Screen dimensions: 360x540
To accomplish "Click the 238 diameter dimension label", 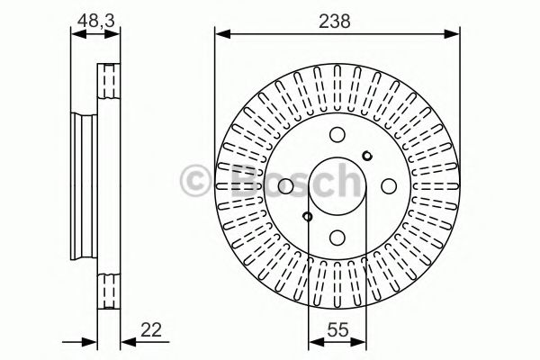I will click(x=337, y=20).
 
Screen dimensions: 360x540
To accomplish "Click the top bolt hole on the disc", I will click(x=337, y=135).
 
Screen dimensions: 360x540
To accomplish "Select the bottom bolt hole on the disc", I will click(x=337, y=238).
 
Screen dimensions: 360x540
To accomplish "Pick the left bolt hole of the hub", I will click(x=285, y=186).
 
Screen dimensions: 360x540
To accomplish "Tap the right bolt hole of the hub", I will click(x=388, y=186).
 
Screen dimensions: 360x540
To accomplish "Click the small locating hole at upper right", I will click(x=366, y=156).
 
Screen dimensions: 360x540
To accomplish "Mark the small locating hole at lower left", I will click(x=307, y=216).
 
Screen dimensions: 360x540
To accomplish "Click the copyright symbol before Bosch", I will click(x=195, y=179).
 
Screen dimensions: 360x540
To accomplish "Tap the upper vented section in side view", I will click(x=110, y=85).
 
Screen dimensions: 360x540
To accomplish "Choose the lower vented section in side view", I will click(x=110, y=288).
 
